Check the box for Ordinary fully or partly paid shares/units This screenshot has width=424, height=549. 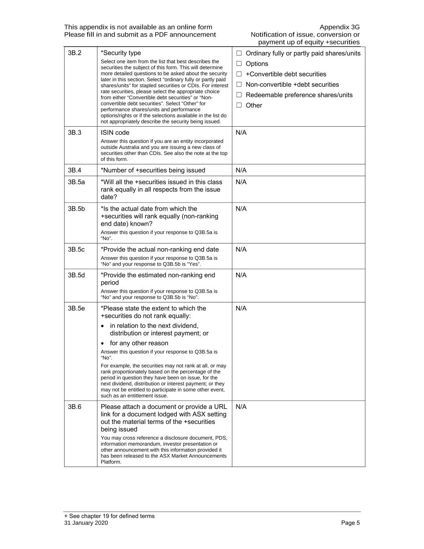(x=239, y=53)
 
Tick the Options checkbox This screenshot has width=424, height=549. (x=239, y=64)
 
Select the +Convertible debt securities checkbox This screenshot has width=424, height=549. (x=239, y=74)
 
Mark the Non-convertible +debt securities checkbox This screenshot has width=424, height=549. (x=239, y=84)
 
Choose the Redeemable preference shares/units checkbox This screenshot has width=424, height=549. (x=239, y=95)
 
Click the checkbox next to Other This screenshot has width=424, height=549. (x=239, y=105)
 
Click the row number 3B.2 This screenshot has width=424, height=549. (x=74, y=53)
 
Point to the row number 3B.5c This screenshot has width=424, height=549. (x=76, y=250)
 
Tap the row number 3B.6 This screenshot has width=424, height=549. (x=74, y=407)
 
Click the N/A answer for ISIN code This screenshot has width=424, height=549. (x=241, y=133)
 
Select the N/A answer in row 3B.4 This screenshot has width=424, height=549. (x=241, y=171)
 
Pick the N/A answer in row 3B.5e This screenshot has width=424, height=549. (x=241, y=308)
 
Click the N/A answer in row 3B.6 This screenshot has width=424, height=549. (x=241, y=407)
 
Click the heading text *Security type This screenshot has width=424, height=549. (x=121, y=53)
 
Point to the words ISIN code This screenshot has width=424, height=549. (x=115, y=133)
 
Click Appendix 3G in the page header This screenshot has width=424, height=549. (x=339, y=27)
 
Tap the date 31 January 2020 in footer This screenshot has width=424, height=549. (x=86, y=523)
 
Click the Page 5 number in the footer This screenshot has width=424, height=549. (x=350, y=523)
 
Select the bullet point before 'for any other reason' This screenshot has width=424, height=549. (x=103, y=343)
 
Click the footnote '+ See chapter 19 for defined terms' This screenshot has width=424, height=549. (x=109, y=516)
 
